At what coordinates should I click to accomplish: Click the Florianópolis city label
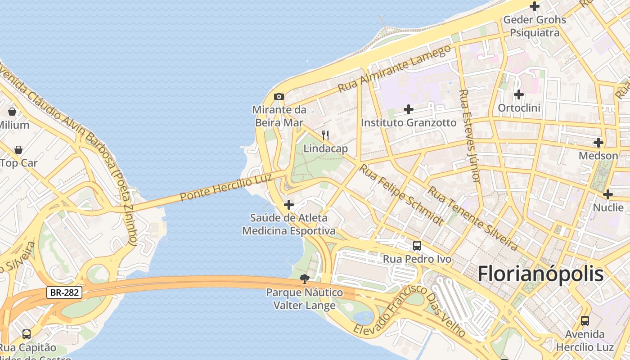tap(540, 274)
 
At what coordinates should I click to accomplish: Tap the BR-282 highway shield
tap(64, 292)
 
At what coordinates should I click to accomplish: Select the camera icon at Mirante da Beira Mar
tap(279, 96)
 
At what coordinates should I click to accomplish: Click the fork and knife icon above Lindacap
tap(325, 135)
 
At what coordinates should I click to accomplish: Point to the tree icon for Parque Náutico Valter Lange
tap(305, 279)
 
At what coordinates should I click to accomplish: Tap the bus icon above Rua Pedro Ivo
tap(417, 246)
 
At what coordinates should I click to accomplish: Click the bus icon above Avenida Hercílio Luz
tap(585, 321)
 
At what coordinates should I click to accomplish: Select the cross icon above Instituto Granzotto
tap(409, 109)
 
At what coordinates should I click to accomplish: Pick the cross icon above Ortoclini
tap(519, 95)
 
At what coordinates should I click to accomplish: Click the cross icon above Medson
tap(598, 143)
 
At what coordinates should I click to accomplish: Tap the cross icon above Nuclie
tap(608, 194)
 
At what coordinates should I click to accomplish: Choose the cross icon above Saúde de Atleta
tap(289, 205)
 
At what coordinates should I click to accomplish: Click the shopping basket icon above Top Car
tap(18, 150)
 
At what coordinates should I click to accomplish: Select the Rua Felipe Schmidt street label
tap(400, 194)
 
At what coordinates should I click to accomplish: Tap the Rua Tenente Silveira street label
tap(472, 218)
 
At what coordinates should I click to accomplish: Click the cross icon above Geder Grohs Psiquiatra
tap(535, 7)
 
